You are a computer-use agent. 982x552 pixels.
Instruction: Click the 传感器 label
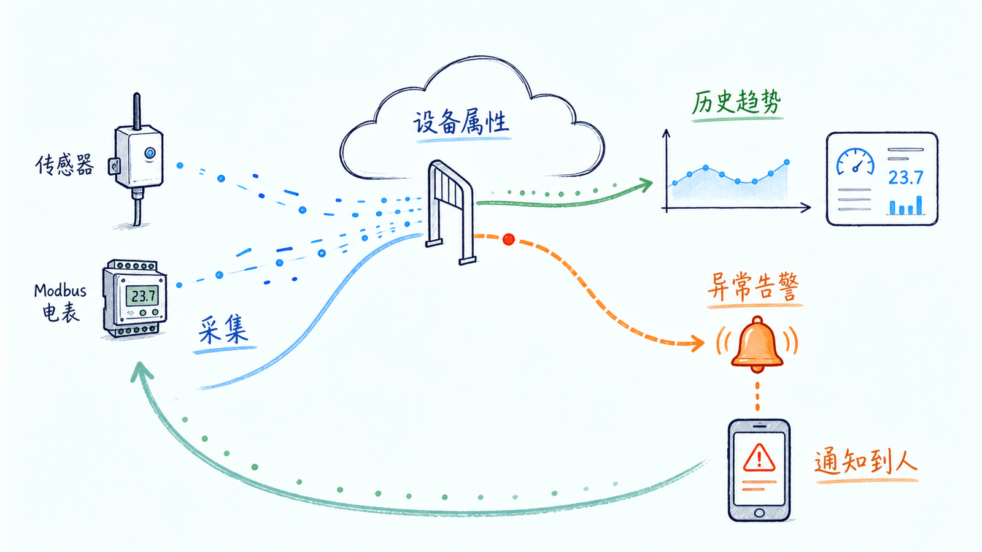coord(64,166)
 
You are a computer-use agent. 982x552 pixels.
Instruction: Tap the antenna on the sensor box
coord(137,111)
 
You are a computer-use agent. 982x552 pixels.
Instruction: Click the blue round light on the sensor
coord(150,153)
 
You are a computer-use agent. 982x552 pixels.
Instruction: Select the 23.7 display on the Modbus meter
coord(142,296)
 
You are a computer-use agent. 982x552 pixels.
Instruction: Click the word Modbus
coord(60,291)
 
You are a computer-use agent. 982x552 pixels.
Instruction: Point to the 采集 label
coord(223,331)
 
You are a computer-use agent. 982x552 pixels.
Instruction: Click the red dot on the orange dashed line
coord(509,239)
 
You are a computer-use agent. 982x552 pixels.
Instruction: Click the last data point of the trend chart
coord(787,162)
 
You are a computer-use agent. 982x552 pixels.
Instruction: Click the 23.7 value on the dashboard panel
coord(906,178)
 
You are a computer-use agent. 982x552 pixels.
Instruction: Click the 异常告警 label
coord(754,287)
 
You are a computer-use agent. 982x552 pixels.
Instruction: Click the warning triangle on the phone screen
coord(759,458)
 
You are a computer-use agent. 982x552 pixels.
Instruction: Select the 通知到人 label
coord(866,462)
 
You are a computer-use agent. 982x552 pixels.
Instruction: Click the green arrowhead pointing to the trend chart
coord(645,185)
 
